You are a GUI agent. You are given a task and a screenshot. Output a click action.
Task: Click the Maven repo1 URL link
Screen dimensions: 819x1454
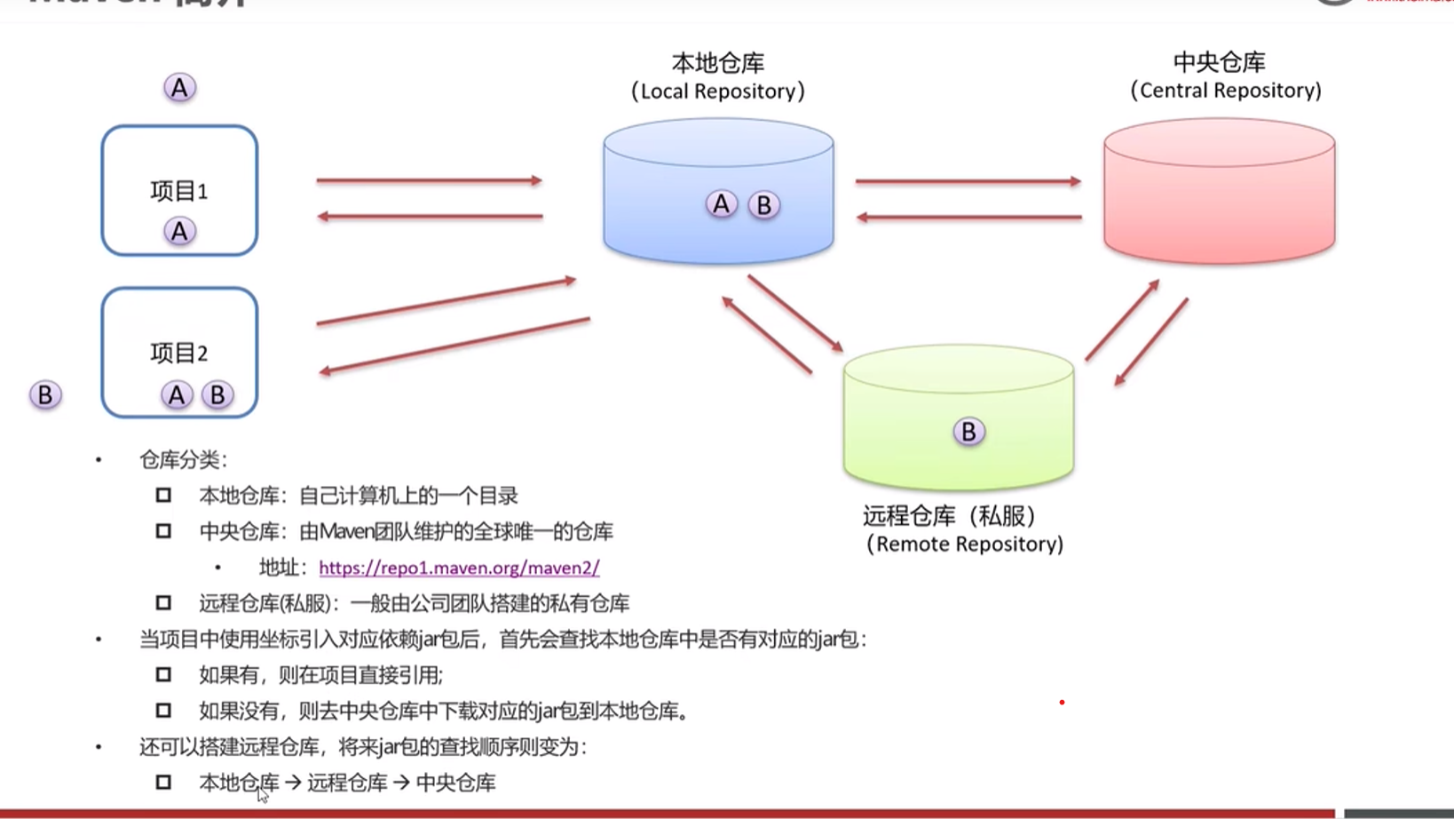(459, 568)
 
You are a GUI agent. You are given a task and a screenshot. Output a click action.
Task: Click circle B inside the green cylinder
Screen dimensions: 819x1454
(968, 432)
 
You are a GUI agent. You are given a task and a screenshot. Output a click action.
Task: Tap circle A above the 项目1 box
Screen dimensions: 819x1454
(179, 88)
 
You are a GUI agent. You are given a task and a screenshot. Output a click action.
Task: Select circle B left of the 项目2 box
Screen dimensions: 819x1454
(45, 394)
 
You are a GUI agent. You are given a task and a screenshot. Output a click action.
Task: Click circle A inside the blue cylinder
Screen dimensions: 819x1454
(721, 204)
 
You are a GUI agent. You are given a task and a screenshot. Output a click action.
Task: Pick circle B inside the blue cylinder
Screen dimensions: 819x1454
(763, 205)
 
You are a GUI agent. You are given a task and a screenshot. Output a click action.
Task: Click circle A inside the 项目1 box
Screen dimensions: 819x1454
(179, 232)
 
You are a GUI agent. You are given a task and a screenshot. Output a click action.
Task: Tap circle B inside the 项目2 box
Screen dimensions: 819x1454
(217, 394)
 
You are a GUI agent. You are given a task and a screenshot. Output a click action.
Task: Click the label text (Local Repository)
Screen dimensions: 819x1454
(718, 91)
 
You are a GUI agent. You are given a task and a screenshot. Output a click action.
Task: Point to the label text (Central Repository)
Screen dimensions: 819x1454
(1225, 91)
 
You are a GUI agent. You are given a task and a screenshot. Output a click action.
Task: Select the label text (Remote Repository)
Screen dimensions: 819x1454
(965, 544)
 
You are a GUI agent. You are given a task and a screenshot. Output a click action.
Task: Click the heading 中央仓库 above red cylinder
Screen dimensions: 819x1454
(1219, 62)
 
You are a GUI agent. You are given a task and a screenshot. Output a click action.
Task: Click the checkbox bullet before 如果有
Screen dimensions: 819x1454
(163, 674)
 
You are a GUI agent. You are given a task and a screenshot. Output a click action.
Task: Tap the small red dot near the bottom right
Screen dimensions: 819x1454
(1062, 703)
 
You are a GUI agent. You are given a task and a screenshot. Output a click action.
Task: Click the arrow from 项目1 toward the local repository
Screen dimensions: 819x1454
(429, 180)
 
